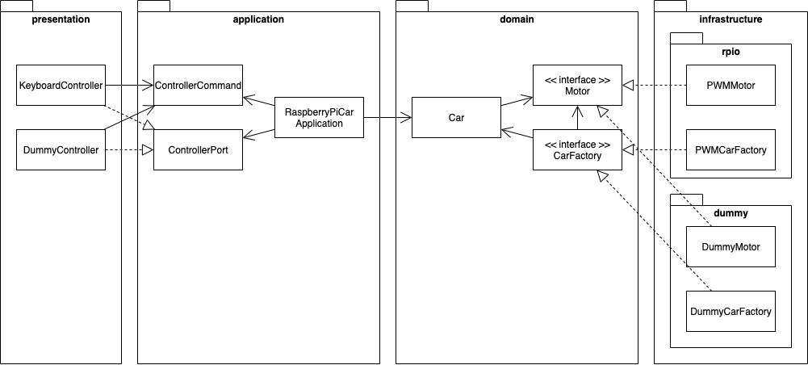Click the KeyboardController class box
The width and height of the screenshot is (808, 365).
(61, 85)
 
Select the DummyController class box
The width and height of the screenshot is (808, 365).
(61, 149)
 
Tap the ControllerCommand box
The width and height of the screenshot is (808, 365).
(198, 85)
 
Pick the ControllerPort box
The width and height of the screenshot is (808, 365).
(198, 149)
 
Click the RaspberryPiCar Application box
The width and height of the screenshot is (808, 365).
(319, 118)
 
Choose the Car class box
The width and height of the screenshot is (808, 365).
(456, 118)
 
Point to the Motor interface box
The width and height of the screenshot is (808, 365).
(577, 85)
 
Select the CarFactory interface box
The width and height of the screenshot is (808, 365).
(577, 149)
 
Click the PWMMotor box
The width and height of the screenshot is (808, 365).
(731, 85)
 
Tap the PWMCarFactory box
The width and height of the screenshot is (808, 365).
(731, 149)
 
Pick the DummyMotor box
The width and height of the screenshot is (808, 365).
(731, 246)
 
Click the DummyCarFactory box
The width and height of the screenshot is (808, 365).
(731, 311)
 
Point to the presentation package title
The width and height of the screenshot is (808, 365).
(61, 19)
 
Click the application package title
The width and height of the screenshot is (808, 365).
(257, 19)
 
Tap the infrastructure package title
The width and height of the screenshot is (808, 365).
(730, 19)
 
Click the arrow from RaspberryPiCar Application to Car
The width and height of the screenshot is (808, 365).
(387, 118)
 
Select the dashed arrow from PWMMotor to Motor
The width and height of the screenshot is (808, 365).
(654, 85)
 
